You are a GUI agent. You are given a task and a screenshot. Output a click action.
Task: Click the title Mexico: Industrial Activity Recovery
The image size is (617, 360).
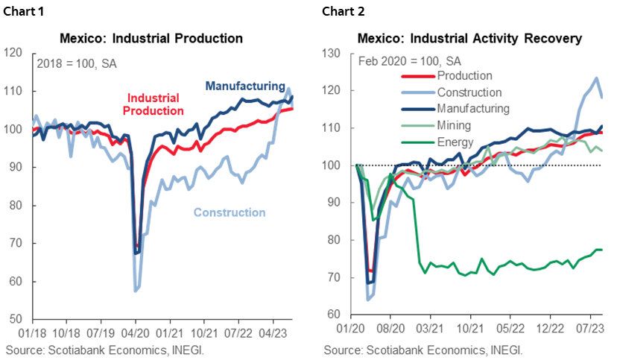pos(469,37)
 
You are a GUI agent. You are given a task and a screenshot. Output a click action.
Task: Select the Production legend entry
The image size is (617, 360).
pos(464,75)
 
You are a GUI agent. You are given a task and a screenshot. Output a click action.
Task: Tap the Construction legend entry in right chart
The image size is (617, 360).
pos(469,92)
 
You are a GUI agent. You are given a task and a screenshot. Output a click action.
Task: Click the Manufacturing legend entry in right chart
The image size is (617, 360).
pos(473,108)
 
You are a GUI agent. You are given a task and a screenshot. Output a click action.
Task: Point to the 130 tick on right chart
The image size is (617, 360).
pos(331,54)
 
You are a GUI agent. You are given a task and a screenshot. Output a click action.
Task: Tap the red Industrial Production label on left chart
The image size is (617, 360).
pos(155,104)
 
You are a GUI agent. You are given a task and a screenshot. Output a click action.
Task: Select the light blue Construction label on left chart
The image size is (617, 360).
pos(229,212)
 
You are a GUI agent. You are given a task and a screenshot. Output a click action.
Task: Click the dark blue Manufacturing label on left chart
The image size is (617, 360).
pos(244,85)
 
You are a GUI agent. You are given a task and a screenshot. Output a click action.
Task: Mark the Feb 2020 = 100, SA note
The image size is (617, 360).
pos(409,60)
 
